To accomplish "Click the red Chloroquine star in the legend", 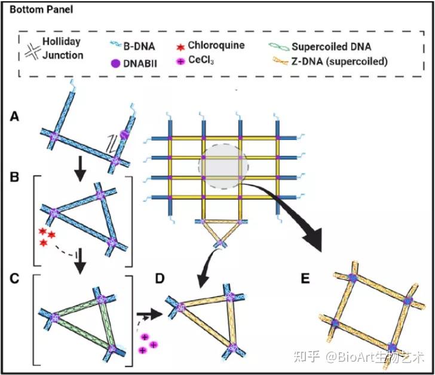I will point(179,45).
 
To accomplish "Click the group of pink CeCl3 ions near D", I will point(148,343).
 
